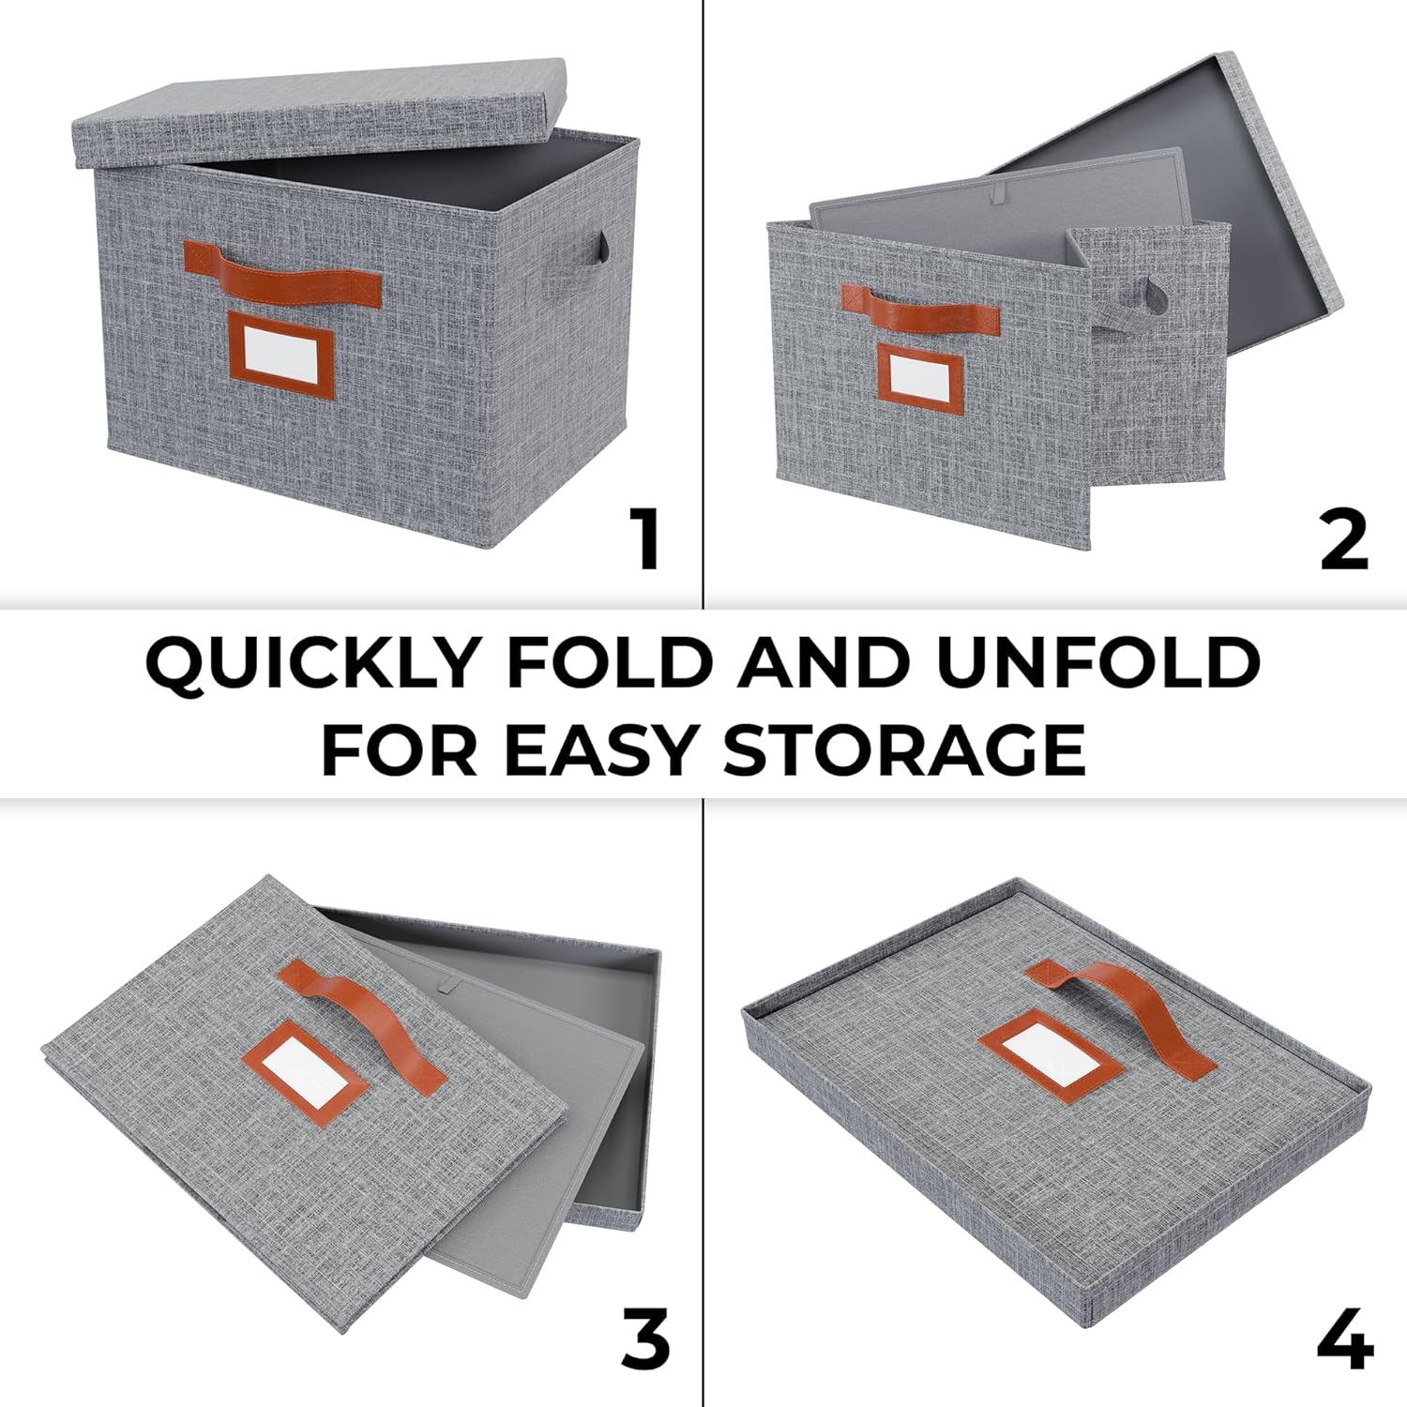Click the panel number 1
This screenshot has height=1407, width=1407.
coord(646,538)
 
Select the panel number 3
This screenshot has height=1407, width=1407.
coord(645,1339)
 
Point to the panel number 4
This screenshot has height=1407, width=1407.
coord(1345,1339)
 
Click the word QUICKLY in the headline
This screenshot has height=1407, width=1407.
coord(311,663)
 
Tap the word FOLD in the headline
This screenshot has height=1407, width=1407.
coord(610,662)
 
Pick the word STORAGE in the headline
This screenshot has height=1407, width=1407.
coord(905,749)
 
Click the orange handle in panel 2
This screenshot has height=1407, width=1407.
coord(919,308)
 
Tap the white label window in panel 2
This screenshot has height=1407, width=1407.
coord(919,375)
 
